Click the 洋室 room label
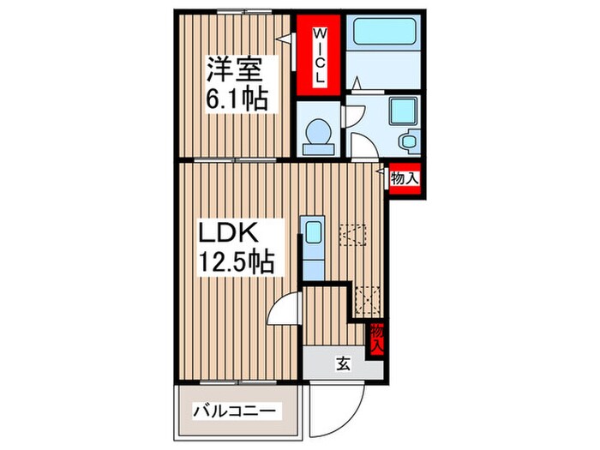point(229,69)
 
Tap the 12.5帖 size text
point(237,261)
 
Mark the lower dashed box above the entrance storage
point(367,297)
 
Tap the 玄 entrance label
point(342,364)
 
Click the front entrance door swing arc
point(339,407)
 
